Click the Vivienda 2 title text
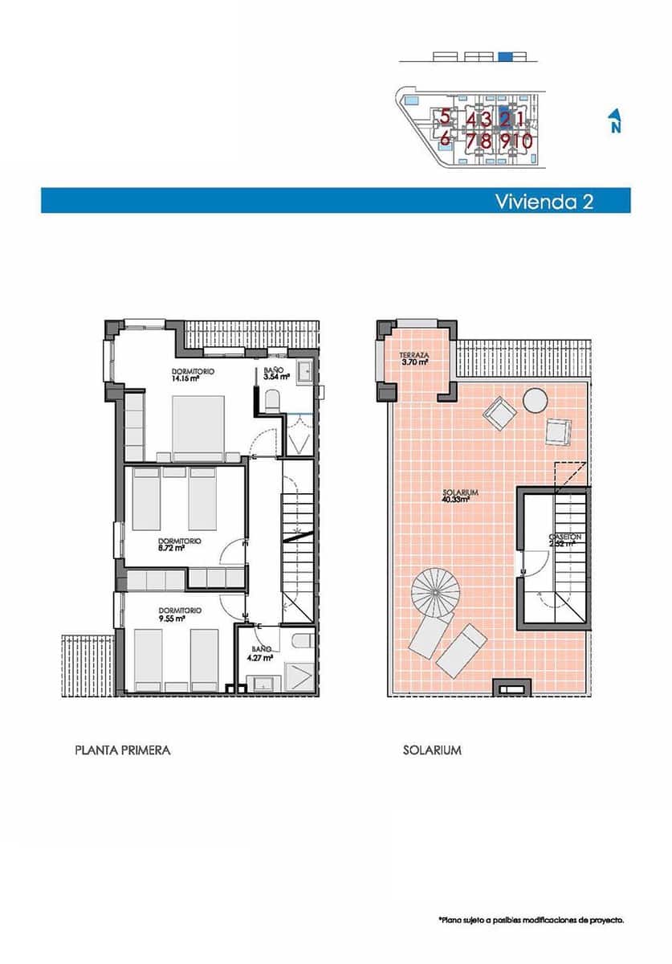[x=544, y=201]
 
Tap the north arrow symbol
[x=614, y=121]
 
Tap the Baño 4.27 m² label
[x=260, y=652]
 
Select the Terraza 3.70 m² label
[x=414, y=357]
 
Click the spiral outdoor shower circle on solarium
[x=435, y=593]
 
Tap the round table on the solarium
[x=535, y=399]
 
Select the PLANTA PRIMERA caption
[x=122, y=750]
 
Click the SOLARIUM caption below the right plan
[x=432, y=750]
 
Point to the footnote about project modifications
[x=531, y=920]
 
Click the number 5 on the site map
[x=444, y=118]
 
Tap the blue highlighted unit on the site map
[x=505, y=116]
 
